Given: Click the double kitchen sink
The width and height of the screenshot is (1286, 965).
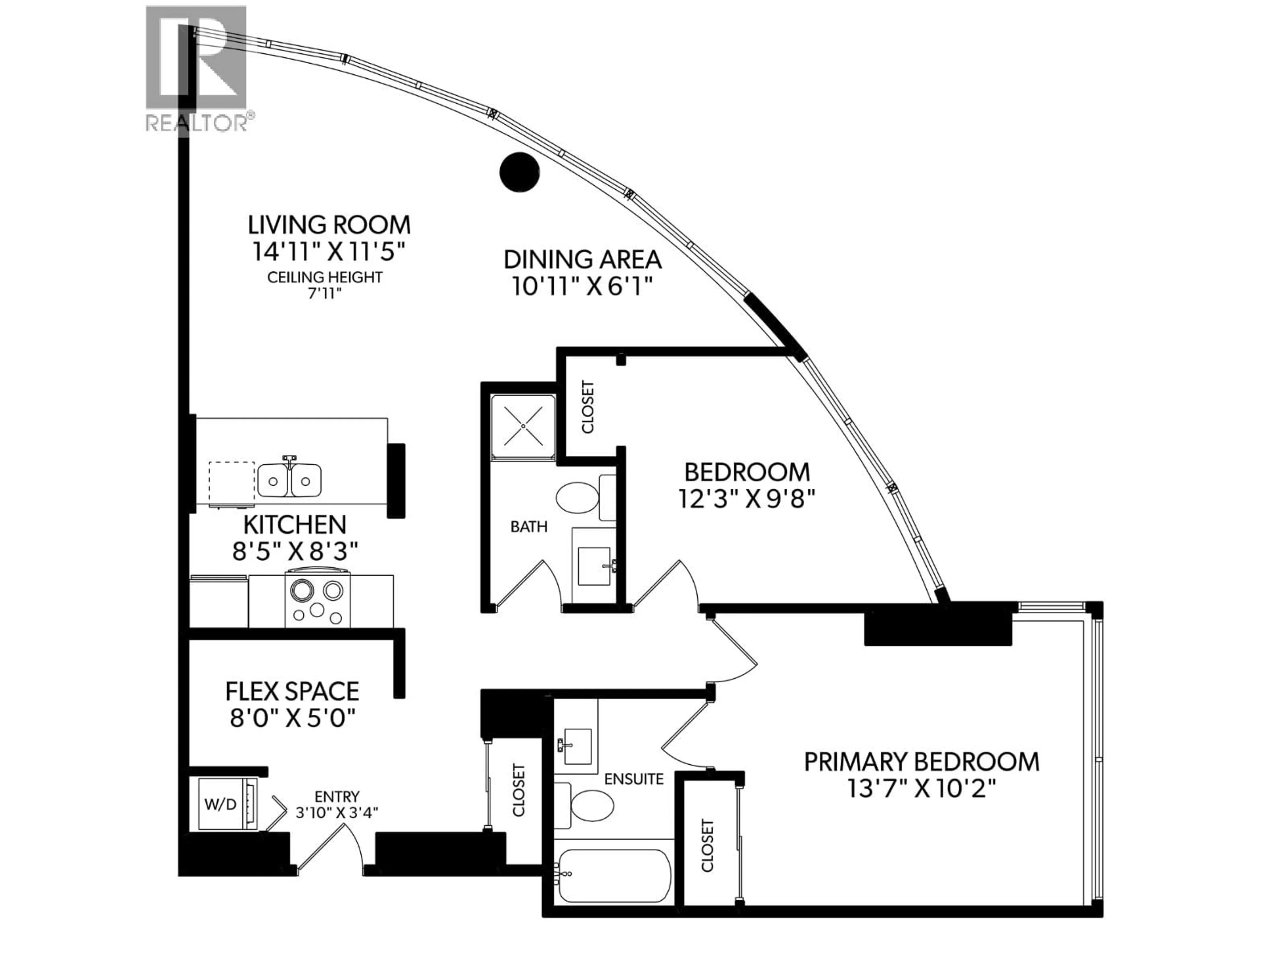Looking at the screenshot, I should tap(289, 480).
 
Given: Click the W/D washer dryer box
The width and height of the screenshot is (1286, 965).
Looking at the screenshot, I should tap(221, 805).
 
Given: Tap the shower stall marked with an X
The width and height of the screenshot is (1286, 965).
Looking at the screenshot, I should tap(523, 426).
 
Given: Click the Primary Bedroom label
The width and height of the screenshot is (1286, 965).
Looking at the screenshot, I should tap(922, 761).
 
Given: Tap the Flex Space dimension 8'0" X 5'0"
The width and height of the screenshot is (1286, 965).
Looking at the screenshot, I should tap(292, 719).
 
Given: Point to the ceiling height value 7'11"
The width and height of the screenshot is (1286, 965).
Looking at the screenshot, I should tap(325, 294).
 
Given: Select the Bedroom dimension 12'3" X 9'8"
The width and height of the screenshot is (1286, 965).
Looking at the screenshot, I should tap(746, 499).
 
